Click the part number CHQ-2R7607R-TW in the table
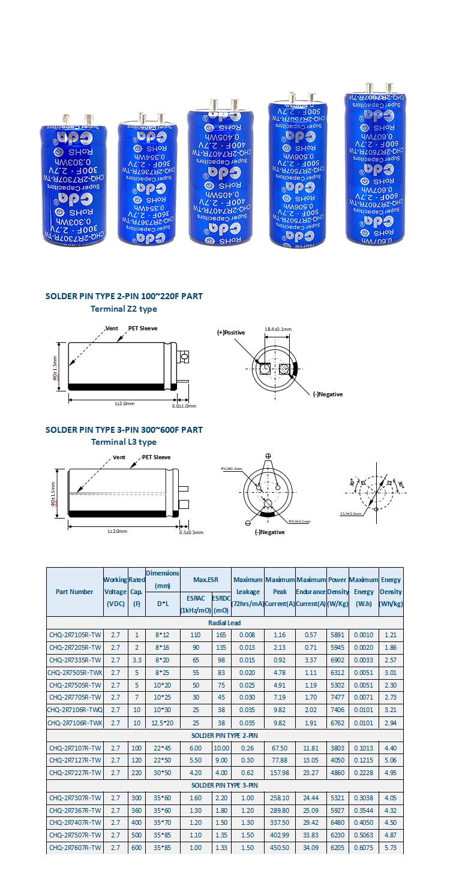[75, 848]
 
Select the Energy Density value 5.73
[391, 848]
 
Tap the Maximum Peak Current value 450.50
[280, 848]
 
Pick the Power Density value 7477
[338, 697]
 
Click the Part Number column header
[75, 592]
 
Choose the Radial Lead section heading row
[225, 622]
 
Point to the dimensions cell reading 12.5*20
[163, 722]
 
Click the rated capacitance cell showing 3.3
[137, 659]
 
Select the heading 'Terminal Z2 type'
[124, 309]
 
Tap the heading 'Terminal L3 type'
[124, 442]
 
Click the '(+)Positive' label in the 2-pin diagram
[232, 331]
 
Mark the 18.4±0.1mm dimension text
[278, 329]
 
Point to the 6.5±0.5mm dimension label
[191, 532]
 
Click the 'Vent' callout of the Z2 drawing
[112, 329]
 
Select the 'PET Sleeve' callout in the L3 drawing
[156, 457]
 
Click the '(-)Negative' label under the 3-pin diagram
[269, 532]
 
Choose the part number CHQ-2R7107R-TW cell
[75, 748]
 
